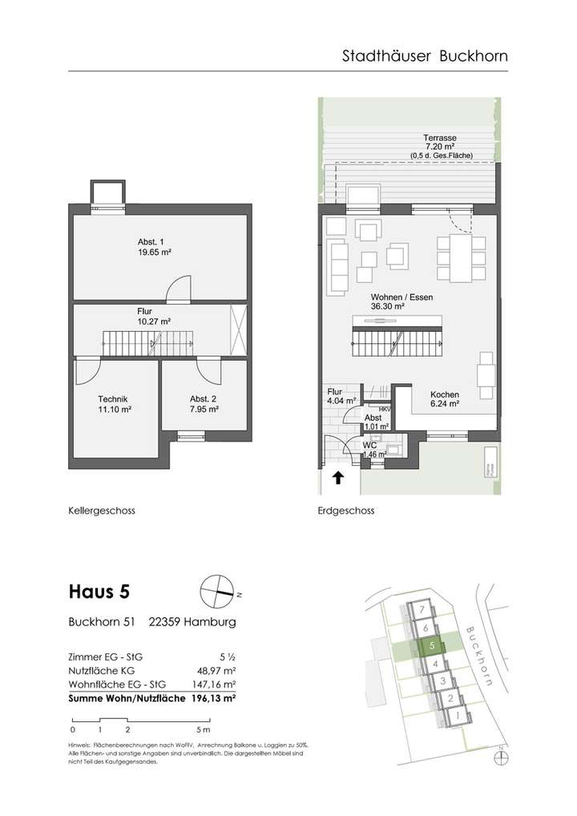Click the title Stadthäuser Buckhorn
pos(425,56)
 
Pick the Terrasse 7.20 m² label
pos(441,142)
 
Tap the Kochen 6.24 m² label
pos(445,399)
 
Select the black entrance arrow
pos(338,479)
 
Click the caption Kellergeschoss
pos(101,511)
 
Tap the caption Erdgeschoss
pos(347,511)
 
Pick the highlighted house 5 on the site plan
pos(432,644)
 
